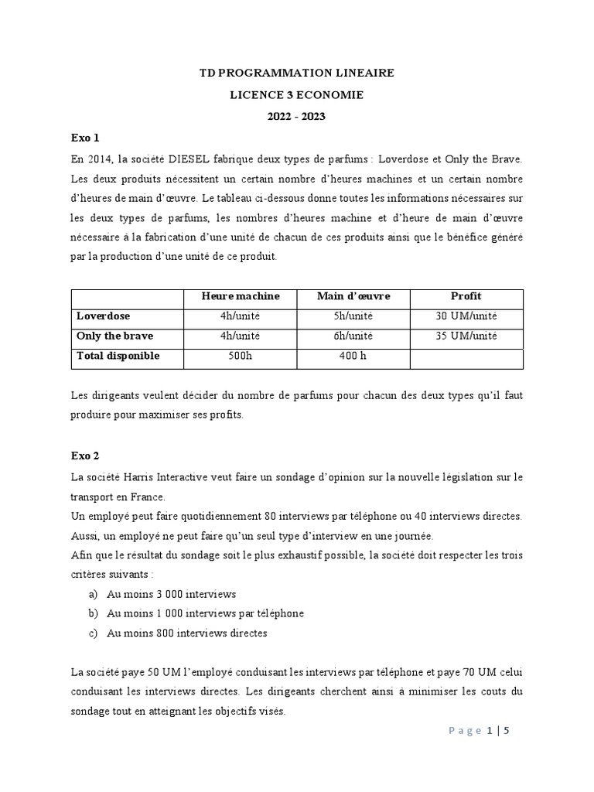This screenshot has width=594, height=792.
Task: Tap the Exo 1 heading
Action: pyautogui.click(x=85, y=139)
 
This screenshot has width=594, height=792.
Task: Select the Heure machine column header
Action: pyautogui.click(x=240, y=297)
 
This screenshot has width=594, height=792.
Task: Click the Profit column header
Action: pyautogui.click(x=466, y=297)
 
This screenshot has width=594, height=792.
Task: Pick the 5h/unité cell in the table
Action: pyautogui.click(x=353, y=316)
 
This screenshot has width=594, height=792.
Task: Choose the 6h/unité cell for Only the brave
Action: pyautogui.click(x=353, y=336)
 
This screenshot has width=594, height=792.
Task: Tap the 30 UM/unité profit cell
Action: pyautogui.click(x=466, y=316)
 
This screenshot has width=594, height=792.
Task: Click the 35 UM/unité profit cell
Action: pyautogui.click(x=466, y=336)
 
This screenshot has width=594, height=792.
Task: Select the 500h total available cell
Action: pyautogui.click(x=240, y=356)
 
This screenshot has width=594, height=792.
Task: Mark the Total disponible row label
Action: pyautogui.click(x=118, y=356)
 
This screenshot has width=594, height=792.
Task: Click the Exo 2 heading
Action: pyautogui.click(x=85, y=456)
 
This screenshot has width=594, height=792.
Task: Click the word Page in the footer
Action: pyautogui.click(x=464, y=732)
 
